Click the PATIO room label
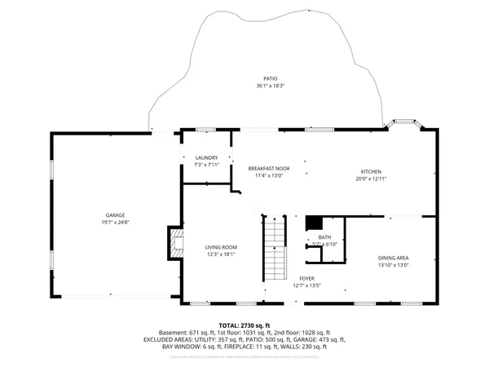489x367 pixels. click(258, 78)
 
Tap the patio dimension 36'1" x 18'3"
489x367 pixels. click(258, 86)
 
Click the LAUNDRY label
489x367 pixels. click(207, 157)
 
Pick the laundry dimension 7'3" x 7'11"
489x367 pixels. click(207, 165)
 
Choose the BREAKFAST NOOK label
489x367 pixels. click(268, 167)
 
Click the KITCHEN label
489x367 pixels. click(372, 171)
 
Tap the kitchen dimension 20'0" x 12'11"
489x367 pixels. click(372, 179)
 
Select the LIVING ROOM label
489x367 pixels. click(220, 246)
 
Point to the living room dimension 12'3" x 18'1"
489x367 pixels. click(220, 254)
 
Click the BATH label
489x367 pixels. click(324, 237)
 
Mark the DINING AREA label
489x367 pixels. click(393, 257)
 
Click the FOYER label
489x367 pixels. click(306, 279)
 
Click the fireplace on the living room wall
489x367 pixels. click(174, 242)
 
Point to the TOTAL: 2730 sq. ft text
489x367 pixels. click(244, 325)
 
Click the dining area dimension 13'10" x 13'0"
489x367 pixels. click(393, 264)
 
